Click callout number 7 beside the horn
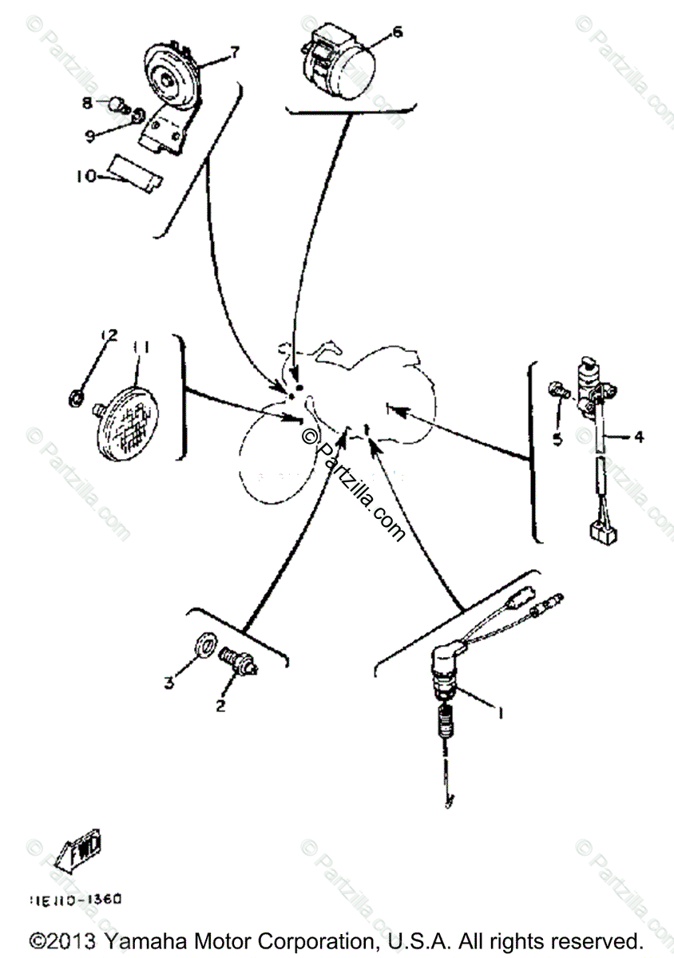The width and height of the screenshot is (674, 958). coord(234,53)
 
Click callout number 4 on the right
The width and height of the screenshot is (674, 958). coord(638,437)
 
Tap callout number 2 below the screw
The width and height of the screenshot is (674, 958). coord(220,706)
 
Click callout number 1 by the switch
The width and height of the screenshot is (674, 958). coord(500,714)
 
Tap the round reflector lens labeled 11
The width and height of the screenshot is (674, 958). coord(128,418)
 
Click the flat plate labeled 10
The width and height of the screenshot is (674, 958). coord(135,170)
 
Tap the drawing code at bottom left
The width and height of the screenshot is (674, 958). coord(76,899)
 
